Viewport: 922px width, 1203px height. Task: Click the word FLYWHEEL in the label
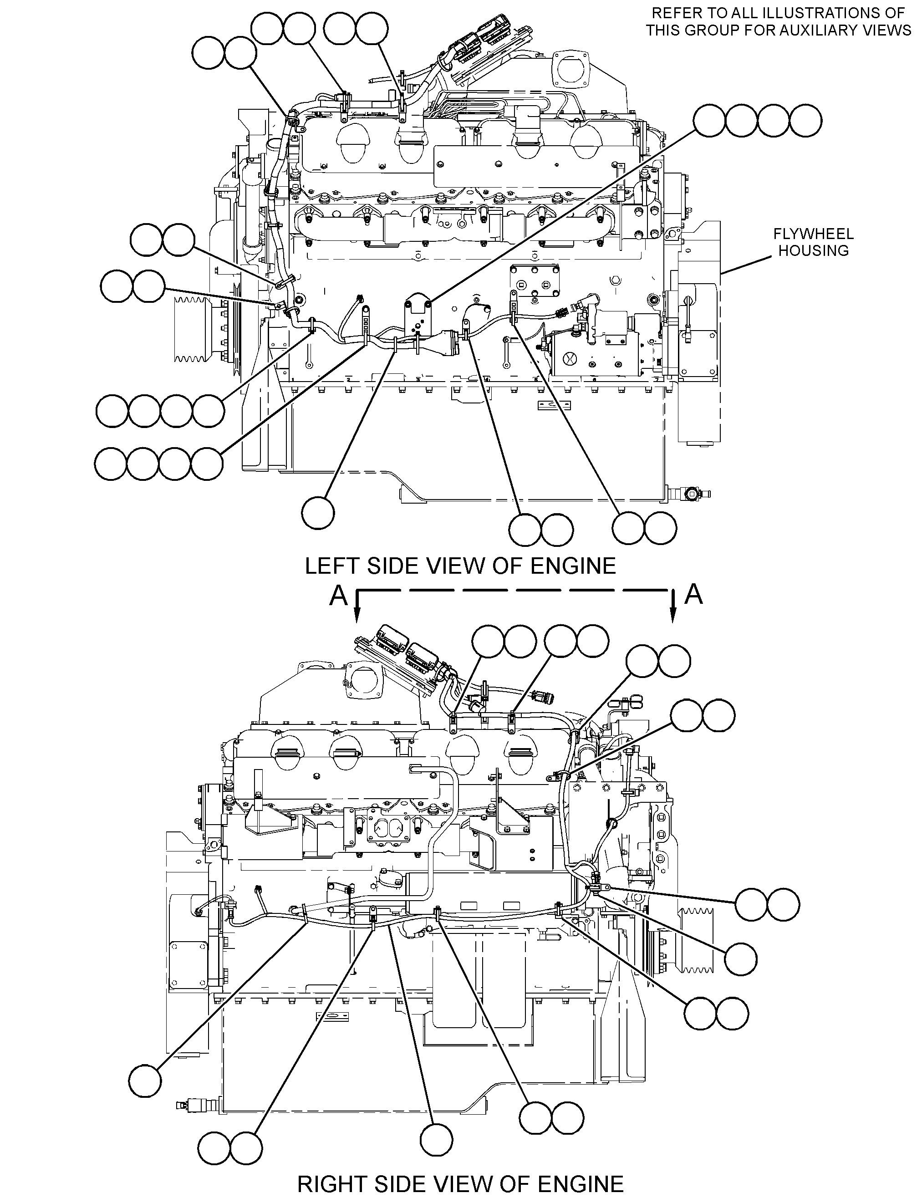tap(813, 234)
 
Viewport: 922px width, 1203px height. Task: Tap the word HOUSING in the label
tap(814, 251)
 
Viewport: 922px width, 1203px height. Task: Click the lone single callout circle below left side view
tap(318, 513)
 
